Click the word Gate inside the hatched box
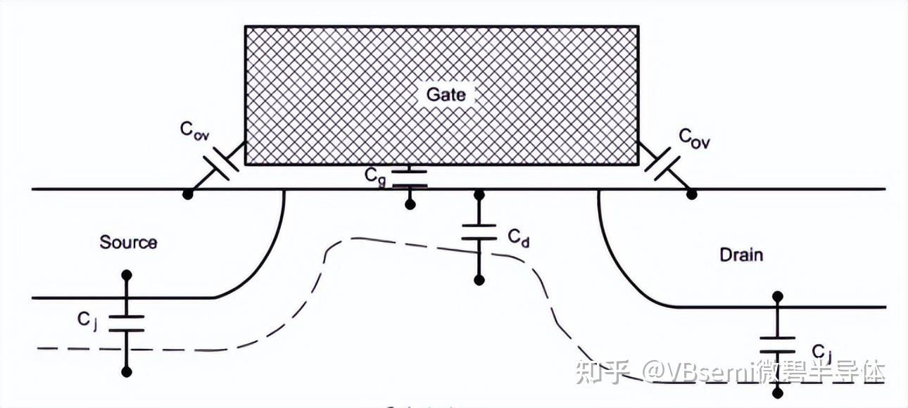pos(446,94)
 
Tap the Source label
pos(128,243)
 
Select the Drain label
pos(741,255)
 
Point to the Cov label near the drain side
pos(694,138)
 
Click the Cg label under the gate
pos(375,177)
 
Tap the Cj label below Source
pos(87,319)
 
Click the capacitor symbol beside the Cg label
pos(409,178)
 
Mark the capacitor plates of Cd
pos(479,233)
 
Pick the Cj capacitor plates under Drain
pos(778,345)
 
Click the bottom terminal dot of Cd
pos(479,280)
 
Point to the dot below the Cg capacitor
pos(409,205)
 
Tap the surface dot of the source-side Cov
pos(187,193)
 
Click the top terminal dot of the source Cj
pos(127,274)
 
